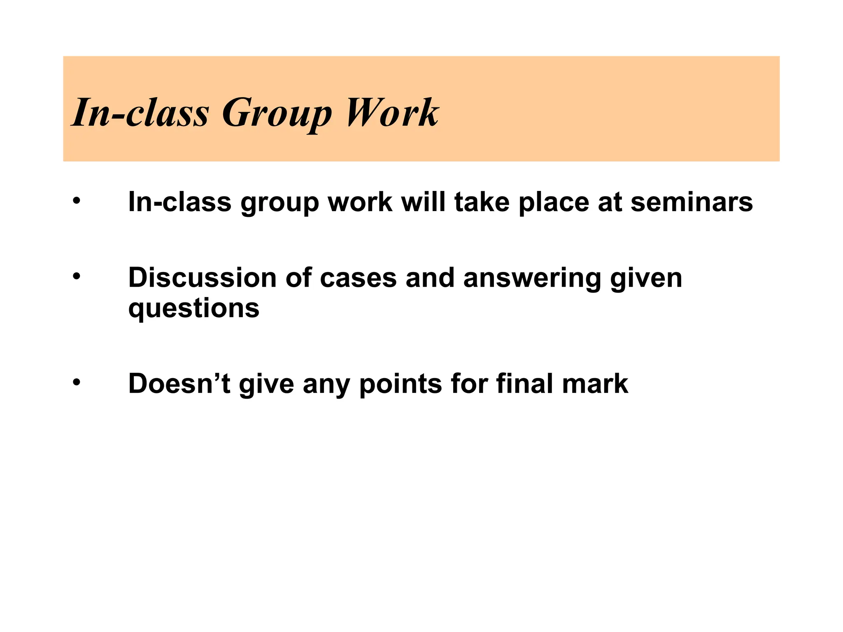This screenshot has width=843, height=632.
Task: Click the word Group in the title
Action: click(x=277, y=113)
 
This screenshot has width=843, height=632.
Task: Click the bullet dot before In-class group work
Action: click(x=76, y=201)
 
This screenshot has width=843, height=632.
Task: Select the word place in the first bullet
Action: click(x=554, y=203)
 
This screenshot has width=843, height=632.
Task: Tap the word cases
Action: click(x=358, y=279)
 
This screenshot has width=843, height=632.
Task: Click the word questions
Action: click(x=194, y=309)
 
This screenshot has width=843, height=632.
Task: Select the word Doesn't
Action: click(x=179, y=384)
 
